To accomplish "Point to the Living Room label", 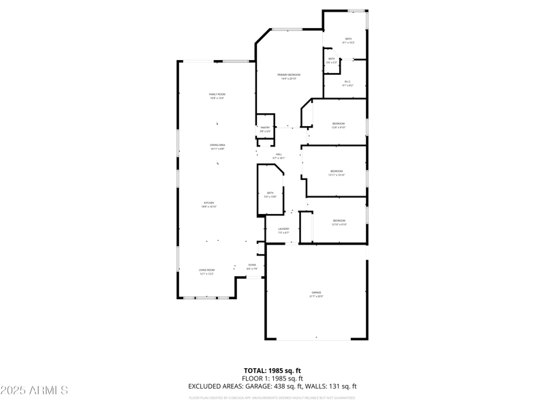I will [206, 272].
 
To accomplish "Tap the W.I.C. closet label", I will [347, 83].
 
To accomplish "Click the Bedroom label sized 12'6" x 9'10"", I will [339, 125].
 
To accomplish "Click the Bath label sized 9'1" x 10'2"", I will [348, 40].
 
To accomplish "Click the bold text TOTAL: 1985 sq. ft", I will [272, 370].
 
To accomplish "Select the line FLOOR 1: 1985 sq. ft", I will [272, 378].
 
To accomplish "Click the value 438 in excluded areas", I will [281, 387].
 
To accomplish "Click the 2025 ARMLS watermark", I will [34, 391].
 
